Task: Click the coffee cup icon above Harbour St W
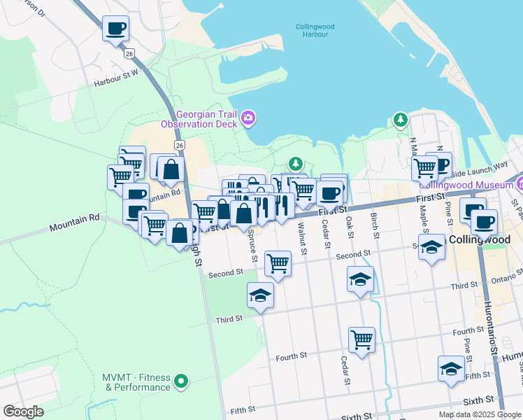[116, 29]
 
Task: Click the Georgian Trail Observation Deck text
[200, 119]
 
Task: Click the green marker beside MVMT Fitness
[182, 381]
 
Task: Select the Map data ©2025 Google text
[479, 414]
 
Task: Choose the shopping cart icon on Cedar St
[361, 340]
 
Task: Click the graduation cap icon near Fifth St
[451, 369]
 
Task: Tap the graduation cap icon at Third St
[260, 296]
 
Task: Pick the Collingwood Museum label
[465, 185]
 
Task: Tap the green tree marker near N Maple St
[400, 120]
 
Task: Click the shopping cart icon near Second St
[278, 264]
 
